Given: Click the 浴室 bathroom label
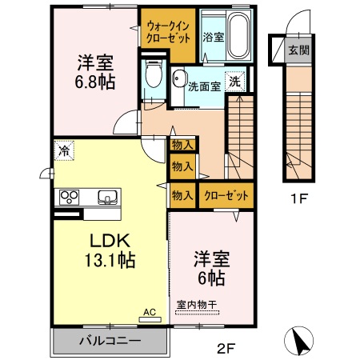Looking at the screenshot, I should (212, 37).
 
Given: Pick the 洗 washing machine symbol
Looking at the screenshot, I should (235, 81).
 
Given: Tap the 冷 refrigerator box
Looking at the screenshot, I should (63, 150).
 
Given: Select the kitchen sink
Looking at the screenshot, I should (106, 197).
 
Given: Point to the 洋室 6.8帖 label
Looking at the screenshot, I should (94, 71).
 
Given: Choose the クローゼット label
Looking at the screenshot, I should (226, 194).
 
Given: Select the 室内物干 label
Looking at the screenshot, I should (197, 304).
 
